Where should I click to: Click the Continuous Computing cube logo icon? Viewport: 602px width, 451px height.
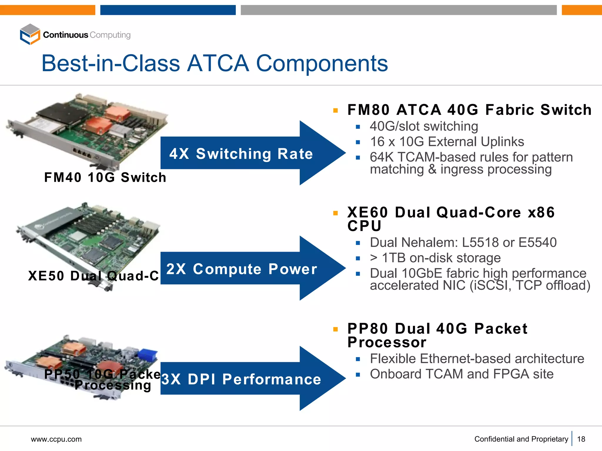[30, 34]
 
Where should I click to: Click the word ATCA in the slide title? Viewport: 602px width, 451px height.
[218, 63]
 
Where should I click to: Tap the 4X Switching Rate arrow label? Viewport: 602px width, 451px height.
[241, 154]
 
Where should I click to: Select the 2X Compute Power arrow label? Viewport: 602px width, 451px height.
[242, 269]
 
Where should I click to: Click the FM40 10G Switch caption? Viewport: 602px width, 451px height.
[105, 177]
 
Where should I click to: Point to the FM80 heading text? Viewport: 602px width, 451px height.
[369, 110]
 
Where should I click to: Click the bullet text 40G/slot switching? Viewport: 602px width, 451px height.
[424, 126]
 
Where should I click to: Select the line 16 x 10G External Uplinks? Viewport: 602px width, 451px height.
[447, 142]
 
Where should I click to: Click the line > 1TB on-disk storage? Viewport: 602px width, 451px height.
[435, 258]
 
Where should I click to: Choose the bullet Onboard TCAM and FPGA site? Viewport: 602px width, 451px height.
[461, 374]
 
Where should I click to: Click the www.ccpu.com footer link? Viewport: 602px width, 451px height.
[56, 439]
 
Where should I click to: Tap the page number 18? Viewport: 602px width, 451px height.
[581, 439]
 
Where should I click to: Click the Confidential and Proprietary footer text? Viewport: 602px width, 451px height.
[521, 439]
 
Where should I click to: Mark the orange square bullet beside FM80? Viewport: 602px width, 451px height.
[335, 111]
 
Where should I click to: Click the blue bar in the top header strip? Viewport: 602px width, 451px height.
[168, 10]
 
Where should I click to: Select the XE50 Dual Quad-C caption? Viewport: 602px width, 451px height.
[93, 276]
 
